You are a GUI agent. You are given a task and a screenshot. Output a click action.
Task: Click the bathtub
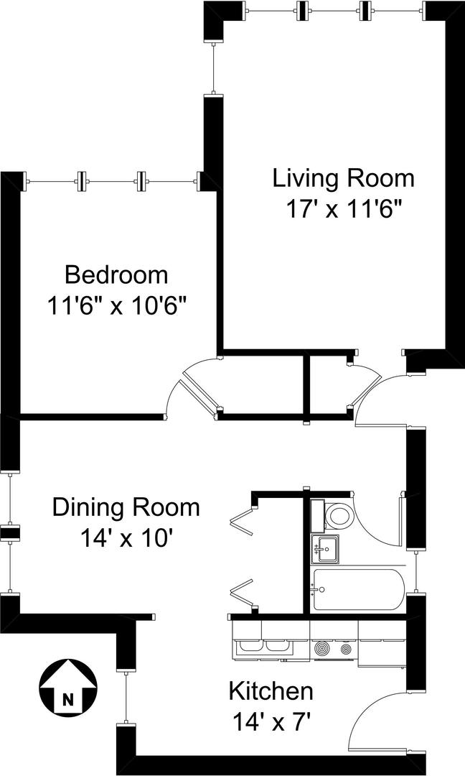(358, 589)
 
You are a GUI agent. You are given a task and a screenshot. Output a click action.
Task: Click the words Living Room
(344, 178)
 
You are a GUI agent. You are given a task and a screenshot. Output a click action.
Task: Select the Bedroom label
(116, 274)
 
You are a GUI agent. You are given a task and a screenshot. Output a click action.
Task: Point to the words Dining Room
(126, 508)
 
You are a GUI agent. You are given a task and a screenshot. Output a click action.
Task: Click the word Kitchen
(271, 690)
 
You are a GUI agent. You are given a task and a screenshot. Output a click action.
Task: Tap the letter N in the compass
(67, 700)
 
